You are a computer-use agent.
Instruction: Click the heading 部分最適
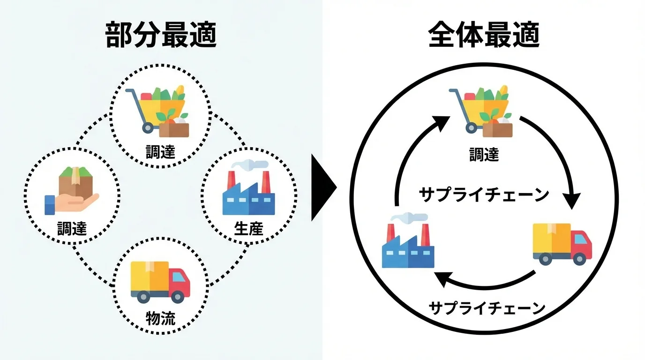point(161,36)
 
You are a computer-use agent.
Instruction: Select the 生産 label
point(248,228)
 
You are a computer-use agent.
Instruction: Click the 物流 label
point(160,318)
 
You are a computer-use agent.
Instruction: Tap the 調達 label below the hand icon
point(72,228)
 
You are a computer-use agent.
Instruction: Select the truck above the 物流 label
point(160,281)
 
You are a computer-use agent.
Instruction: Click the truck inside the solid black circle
point(562,244)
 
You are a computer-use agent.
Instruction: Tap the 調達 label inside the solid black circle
point(484,154)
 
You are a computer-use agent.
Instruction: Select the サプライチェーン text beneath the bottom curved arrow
point(487,308)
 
